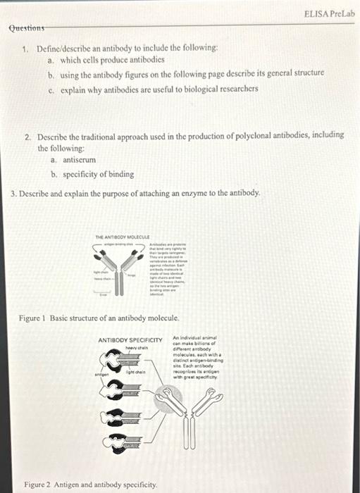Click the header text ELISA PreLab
[330, 13]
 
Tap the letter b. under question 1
[51, 73]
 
